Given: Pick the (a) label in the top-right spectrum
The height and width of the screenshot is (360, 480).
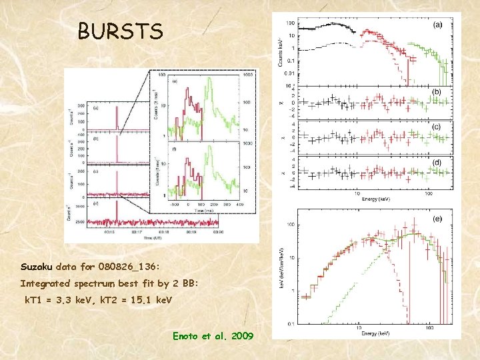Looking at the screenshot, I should tap(437, 25).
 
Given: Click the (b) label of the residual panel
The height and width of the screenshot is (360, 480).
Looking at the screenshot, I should tap(437, 91).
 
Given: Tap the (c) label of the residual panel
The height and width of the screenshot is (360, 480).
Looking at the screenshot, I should tap(437, 127).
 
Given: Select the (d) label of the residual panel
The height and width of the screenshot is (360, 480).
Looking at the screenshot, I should tap(437, 162).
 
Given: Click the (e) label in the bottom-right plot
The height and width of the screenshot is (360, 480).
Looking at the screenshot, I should tap(437, 217).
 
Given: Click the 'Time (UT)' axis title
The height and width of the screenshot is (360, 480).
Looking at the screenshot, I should tap(156, 238).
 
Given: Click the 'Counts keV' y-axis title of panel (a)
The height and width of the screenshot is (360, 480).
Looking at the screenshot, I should tap(279, 50).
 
